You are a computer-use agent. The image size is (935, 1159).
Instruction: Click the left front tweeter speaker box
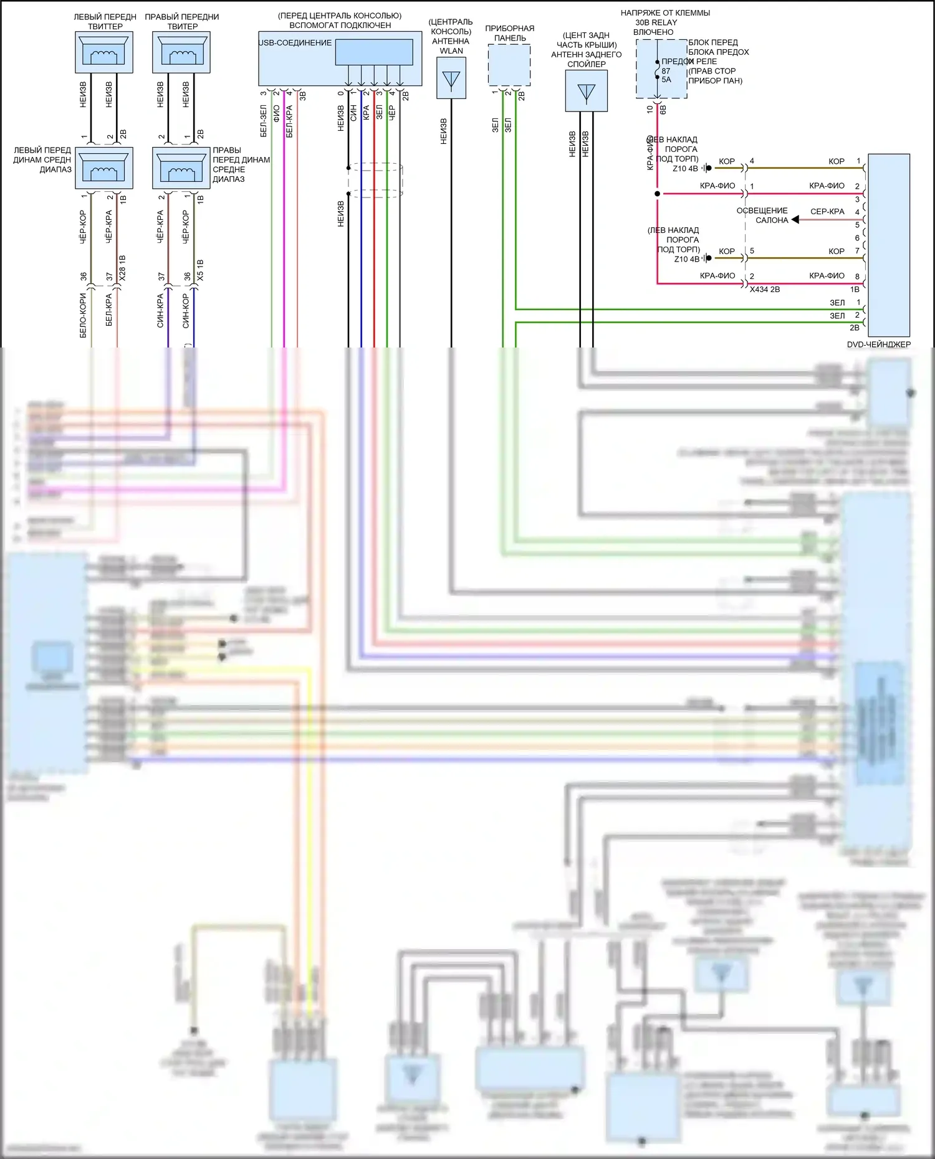click(x=104, y=52)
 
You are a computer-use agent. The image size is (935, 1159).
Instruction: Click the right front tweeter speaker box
click(x=181, y=52)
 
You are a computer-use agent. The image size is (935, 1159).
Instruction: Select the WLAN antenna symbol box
click(x=451, y=78)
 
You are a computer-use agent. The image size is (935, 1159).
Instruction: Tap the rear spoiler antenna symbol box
click(x=586, y=91)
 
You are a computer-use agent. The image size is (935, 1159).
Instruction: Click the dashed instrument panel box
click(x=509, y=65)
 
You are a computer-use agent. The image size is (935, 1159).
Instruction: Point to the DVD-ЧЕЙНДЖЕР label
click(x=878, y=344)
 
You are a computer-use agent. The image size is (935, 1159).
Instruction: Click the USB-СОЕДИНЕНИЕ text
click(x=295, y=43)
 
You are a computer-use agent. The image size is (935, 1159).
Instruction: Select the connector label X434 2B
click(x=765, y=290)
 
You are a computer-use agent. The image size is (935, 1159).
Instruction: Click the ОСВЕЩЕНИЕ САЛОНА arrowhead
click(x=795, y=220)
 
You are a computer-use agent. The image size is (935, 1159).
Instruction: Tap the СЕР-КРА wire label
click(x=827, y=212)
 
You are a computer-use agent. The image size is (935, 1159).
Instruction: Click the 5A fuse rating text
click(x=666, y=80)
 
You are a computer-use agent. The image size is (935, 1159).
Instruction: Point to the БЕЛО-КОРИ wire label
click(x=83, y=316)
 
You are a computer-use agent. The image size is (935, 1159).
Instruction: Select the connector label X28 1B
click(x=122, y=268)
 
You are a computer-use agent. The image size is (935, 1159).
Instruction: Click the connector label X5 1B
click(x=200, y=270)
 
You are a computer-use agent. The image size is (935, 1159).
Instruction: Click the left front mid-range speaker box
click(x=104, y=168)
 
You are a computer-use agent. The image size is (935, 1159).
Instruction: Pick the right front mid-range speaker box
click(x=181, y=168)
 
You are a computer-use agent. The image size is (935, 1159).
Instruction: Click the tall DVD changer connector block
click(x=889, y=245)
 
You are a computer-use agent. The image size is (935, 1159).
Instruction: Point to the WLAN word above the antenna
click(x=451, y=51)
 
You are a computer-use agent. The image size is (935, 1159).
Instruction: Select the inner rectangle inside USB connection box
click(x=374, y=52)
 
